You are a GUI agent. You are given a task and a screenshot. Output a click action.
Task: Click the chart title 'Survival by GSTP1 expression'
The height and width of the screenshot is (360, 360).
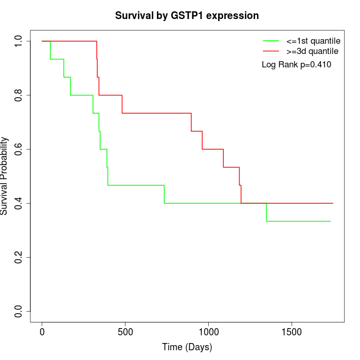187,15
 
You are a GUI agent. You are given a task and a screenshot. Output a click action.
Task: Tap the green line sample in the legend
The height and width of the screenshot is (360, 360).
271,41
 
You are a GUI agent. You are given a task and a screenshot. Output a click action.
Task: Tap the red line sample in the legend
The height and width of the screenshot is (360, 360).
271,51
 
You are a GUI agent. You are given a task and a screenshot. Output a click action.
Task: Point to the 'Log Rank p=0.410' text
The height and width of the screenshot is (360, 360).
296,65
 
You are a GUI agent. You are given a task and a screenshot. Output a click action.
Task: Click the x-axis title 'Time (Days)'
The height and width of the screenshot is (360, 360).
187,347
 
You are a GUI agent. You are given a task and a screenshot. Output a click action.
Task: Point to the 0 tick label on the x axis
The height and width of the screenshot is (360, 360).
42,333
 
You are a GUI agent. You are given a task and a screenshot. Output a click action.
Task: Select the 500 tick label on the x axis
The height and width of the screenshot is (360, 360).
125,333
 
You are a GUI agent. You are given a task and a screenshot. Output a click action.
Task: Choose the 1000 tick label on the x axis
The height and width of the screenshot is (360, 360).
209,333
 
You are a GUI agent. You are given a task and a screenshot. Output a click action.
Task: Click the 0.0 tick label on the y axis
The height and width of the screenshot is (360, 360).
19,311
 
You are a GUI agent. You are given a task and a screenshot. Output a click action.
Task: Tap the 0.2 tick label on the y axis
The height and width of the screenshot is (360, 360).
19,257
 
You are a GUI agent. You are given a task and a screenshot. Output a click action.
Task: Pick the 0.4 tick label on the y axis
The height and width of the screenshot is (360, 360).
19,203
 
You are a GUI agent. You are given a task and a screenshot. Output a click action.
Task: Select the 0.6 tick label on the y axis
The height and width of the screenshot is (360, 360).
19,149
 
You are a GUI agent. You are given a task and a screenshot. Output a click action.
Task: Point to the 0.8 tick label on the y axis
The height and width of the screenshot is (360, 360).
19,95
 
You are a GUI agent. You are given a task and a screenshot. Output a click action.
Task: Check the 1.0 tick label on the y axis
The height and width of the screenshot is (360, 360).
19,41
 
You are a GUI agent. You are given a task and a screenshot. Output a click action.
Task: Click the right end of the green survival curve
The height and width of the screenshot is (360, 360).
330,221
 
